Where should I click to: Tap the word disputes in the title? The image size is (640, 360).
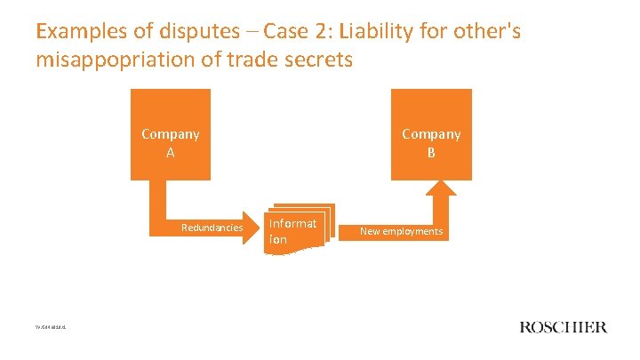click(189, 33)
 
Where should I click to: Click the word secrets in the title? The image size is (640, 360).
click(316, 61)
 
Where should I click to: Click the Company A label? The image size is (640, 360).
click(171, 142)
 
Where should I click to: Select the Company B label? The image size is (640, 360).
click(431, 142)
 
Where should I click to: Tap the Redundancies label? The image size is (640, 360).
click(212, 228)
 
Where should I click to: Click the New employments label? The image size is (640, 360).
click(401, 231)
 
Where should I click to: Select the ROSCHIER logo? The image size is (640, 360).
click(563, 327)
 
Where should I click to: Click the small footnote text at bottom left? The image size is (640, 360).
click(51, 327)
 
